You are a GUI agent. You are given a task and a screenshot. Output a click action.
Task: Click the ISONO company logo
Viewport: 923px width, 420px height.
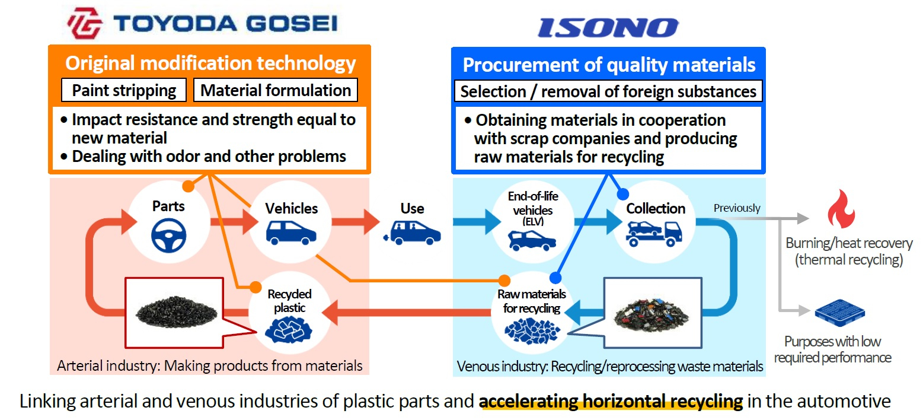point(608,27)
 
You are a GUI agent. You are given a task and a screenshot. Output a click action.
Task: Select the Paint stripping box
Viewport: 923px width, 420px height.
point(124,90)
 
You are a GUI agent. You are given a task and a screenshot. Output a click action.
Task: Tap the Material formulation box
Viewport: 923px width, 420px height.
point(276,90)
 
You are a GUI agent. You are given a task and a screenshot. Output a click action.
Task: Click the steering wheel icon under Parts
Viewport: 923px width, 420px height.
point(168,236)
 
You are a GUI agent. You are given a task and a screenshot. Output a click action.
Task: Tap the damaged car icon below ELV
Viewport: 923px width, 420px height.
point(532,240)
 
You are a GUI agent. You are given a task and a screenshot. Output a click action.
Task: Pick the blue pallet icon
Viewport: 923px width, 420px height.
point(839,316)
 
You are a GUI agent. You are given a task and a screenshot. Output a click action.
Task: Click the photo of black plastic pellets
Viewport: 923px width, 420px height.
point(175,311)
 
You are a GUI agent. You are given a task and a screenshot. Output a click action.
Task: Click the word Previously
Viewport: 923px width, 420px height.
point(736,208)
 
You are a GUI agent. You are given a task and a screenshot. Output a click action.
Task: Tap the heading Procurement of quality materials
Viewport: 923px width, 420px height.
point(609,65)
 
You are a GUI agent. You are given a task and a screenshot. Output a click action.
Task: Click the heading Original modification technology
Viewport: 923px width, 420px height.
point(210,63)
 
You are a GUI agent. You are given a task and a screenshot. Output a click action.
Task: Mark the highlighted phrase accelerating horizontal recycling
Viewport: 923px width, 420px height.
point(611,402)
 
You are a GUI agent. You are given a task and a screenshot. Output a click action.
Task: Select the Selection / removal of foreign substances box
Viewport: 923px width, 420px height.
point(608,91)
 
